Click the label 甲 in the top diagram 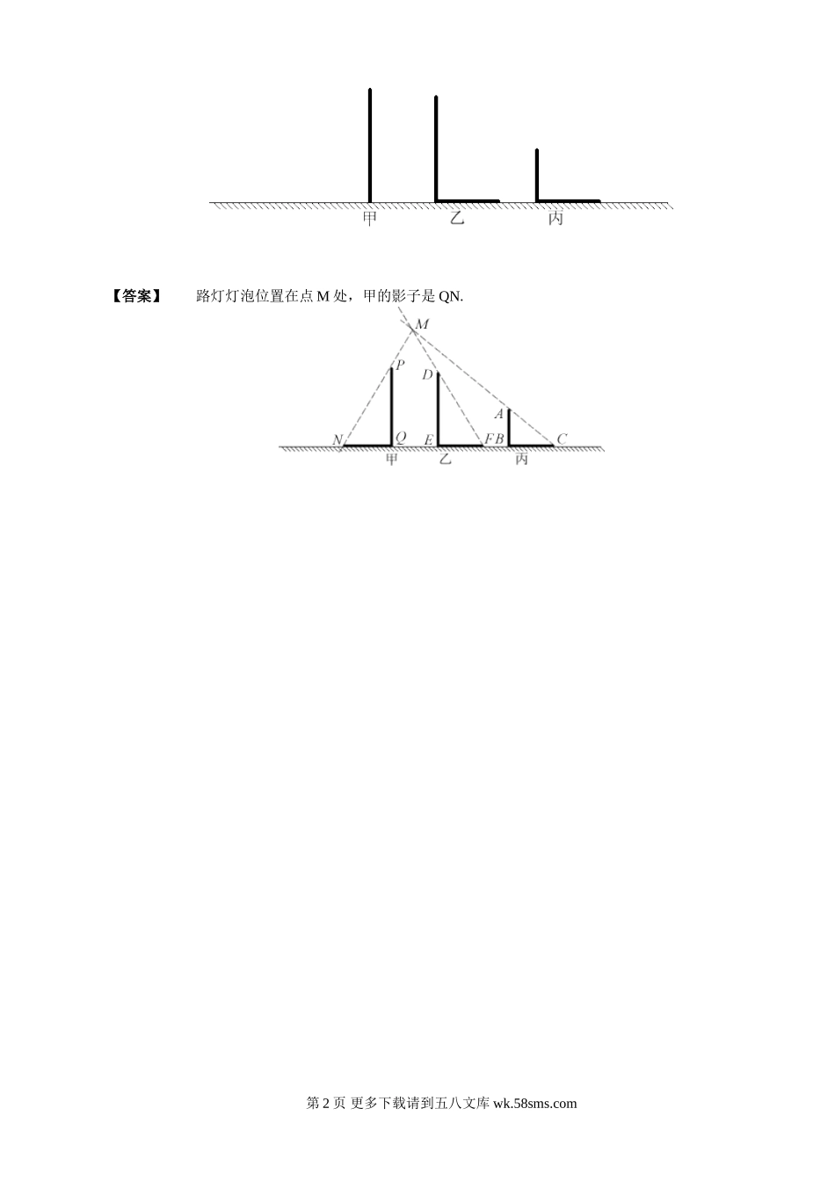369,218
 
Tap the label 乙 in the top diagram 456,218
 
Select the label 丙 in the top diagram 555,218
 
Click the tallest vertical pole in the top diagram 370,145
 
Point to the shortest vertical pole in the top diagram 537,175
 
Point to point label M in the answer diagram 422,325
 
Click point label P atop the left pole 400,365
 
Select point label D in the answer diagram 427,375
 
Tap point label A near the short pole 498,414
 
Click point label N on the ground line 337,439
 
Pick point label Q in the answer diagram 401,438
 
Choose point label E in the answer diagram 428,439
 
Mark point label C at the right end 562,438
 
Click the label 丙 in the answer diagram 521,460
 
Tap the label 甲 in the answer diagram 392,460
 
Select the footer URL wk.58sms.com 535,1104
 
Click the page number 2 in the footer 327,1104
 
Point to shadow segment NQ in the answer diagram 367,446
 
